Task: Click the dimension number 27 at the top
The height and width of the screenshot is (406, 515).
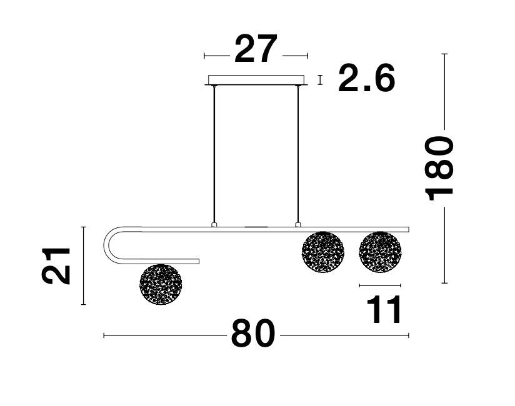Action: coord(256,49)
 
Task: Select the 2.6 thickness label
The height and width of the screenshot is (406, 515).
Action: coord(366,78)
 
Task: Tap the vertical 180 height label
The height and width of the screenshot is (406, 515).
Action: coord(439,168)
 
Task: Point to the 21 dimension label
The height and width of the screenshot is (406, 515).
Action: coord(56,266)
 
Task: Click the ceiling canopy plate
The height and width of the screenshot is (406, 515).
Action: coord(256,81)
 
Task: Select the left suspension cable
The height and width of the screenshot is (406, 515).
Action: coord(214,154)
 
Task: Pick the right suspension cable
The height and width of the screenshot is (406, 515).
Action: coord(298,154)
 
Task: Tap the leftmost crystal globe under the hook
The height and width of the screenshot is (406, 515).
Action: coord(161,284)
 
